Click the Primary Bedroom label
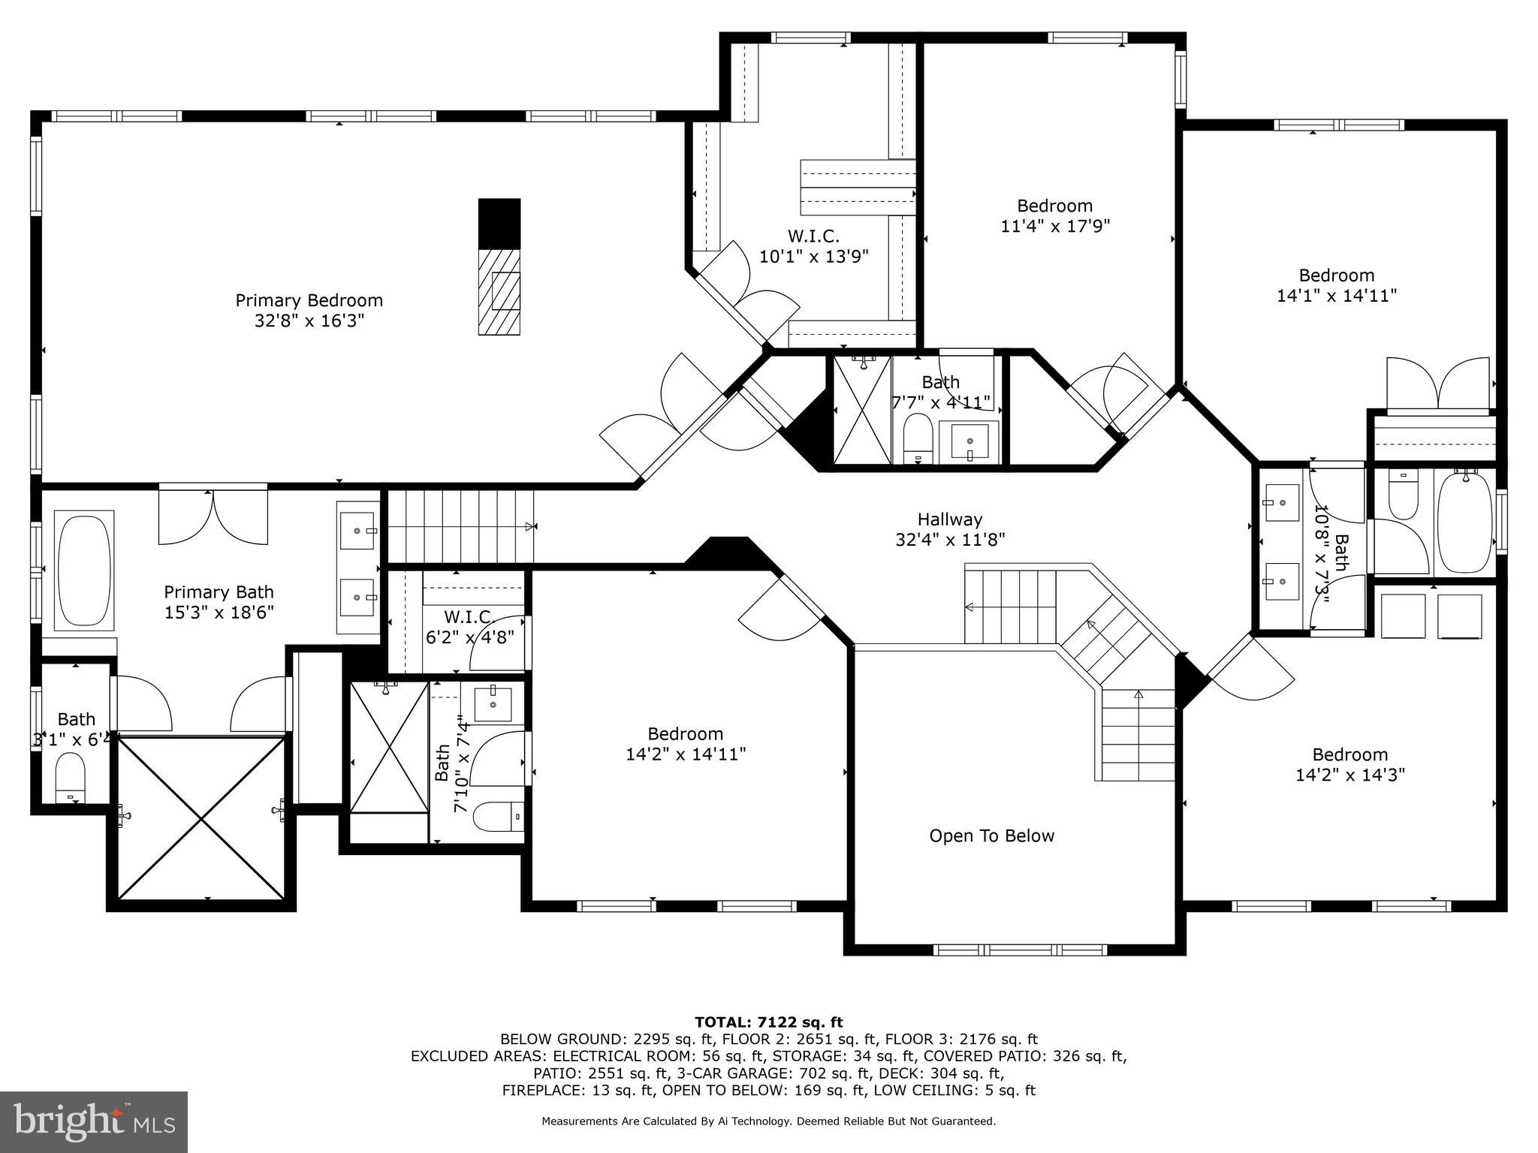(x=309, y=301)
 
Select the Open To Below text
(x=991, y=836)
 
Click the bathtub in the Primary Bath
(x=85, y=570)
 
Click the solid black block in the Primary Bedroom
(x=499, y=223)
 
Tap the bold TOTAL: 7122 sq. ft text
(x=768, y=1022)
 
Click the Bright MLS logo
(x=94, y=1121)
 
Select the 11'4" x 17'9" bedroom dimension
(x=1054, y=226)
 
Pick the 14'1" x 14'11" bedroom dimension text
(x=1336, y=296)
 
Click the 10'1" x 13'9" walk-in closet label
(x=813, y=257)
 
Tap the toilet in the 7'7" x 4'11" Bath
(x=917, y=438)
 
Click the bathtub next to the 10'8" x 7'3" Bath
(x=1464, y=522)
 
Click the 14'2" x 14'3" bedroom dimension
(x=1350, y=775)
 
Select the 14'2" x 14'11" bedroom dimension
(x=685, y=754)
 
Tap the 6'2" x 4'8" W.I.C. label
(x=469, y=628)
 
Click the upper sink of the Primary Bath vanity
(x=357, y=531)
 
